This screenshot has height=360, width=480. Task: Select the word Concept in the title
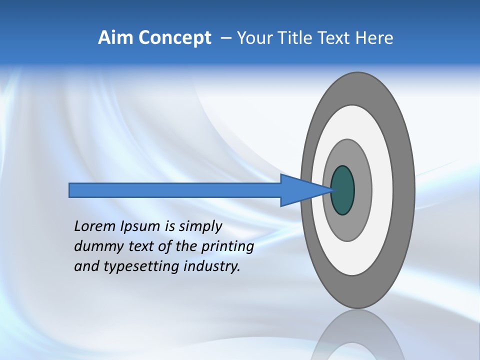[175, 38]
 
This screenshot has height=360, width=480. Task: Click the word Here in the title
[374, 38]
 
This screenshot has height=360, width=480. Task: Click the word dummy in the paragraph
[95, 247]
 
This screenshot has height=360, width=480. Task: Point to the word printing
[227, 247]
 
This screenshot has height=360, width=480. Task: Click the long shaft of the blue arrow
[175, 190]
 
